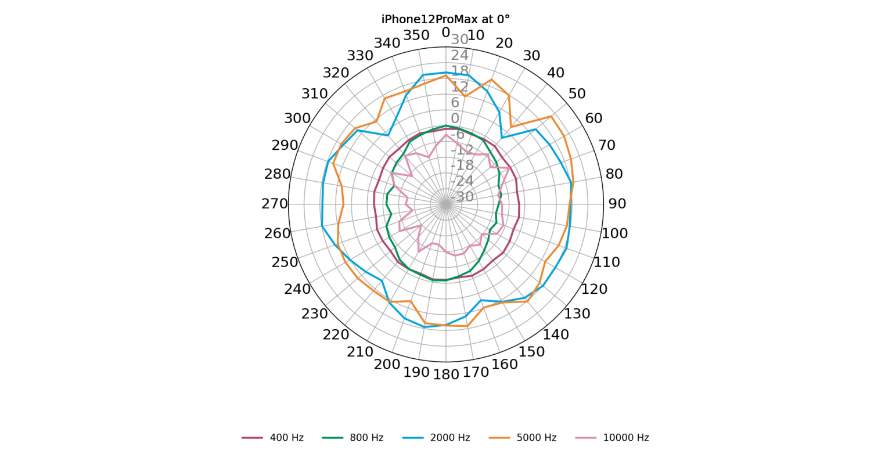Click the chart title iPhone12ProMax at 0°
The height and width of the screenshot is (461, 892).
coord(445,19)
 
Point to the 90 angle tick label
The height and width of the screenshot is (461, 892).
coord(617,204)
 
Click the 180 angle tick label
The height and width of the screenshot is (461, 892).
coord(446,374)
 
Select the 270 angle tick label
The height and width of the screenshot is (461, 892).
coord(275,204)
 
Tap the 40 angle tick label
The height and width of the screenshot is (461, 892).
coord(556,73)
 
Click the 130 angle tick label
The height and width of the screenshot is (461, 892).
coord(577,314)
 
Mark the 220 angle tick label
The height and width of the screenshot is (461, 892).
coord(336,334)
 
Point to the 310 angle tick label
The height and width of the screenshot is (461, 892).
coord(314,94)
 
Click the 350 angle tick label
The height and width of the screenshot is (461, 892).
coord(416,35)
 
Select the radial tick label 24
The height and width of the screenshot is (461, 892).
coord(459,55)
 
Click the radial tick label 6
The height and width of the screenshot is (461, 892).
coord(455,103)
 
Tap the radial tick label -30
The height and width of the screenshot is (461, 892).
coord(462,197)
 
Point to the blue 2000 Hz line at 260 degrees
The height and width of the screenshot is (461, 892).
coord(322,226)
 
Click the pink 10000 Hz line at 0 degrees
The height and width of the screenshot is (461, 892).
coord(446,135)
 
